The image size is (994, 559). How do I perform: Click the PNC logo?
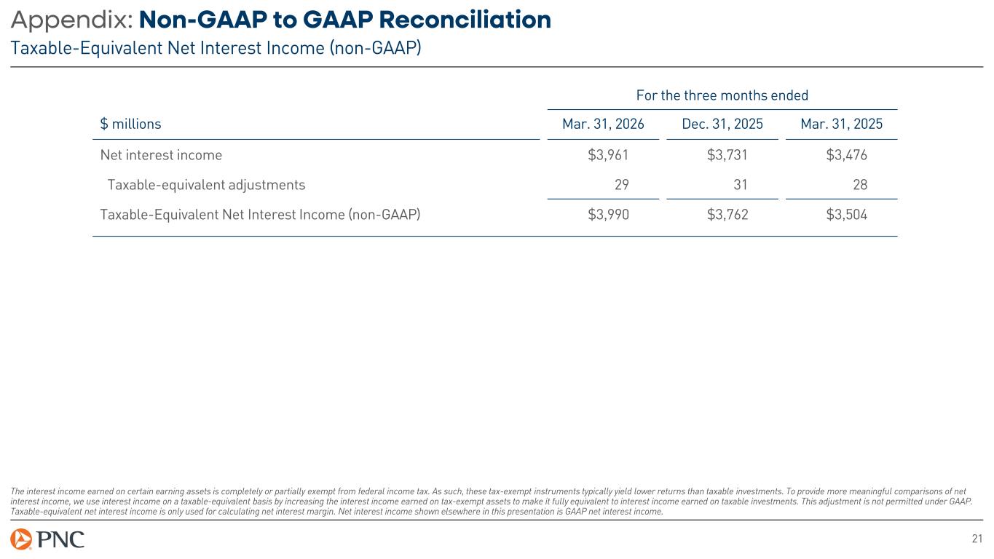click(47, 539)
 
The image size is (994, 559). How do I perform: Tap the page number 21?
click(977, 539)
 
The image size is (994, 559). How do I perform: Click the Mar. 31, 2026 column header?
click(603, 124)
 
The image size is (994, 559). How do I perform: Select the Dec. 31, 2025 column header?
click(722, 124)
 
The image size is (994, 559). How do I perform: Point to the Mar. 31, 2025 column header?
click(841, 124)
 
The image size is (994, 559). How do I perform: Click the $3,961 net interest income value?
click(608, 155)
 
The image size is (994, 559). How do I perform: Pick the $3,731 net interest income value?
click(727, 155)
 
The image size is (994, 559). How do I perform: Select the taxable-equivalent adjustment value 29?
click(621, 185)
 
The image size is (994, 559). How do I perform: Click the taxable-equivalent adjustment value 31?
click(741, 185)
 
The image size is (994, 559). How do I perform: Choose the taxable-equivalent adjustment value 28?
click(859, 185)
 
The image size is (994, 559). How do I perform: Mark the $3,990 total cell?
click(608, 215)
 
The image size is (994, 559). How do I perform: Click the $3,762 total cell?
click(727, 215)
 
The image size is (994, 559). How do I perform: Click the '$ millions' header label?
click(130, 124)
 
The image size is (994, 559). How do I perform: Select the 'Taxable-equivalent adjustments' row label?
click(206, 185)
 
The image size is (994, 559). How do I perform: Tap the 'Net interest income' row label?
click(161, 155)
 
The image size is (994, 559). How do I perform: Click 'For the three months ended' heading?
click(722, 95)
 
